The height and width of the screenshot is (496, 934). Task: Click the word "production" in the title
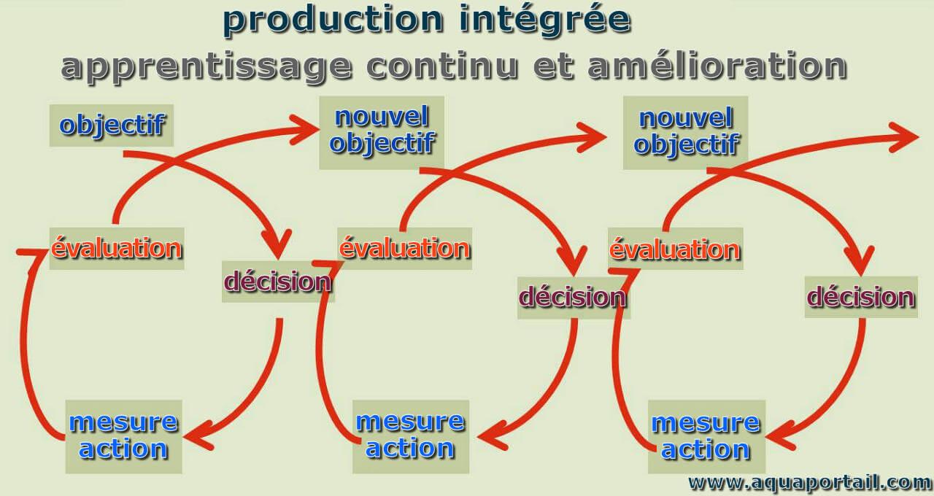click(x=333, y=21)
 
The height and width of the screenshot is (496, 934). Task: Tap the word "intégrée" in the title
click(x=545, y=21)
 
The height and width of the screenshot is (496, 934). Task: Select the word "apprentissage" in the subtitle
click(x=207, y=68)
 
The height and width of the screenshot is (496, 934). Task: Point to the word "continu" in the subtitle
click(x=442, y=66)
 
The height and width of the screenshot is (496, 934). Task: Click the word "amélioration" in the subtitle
click(x=717, y=66)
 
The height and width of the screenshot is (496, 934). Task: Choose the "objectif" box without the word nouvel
click(x=112, y=125)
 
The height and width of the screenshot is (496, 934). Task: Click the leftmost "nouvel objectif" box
click(x=382, y=133)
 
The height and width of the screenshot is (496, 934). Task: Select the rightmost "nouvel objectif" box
click(x=685, y=133)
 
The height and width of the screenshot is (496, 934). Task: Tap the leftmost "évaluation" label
click(x=117, y=249)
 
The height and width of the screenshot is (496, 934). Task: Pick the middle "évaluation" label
click(x=404, y=249)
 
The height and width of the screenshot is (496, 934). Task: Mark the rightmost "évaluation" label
click(x=676, y=249)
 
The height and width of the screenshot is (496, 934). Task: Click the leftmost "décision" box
click(x=278, y=282)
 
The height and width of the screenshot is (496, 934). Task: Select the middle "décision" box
click(x=574, y=298)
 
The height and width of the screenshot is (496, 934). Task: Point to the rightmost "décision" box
click(x=861, y=297)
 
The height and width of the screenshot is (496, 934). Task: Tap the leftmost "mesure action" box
click(x=124, y=437)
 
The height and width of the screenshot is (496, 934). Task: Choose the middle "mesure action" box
click(x=411, y=437)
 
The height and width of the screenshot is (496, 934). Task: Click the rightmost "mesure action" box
click(x=707, y=437)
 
